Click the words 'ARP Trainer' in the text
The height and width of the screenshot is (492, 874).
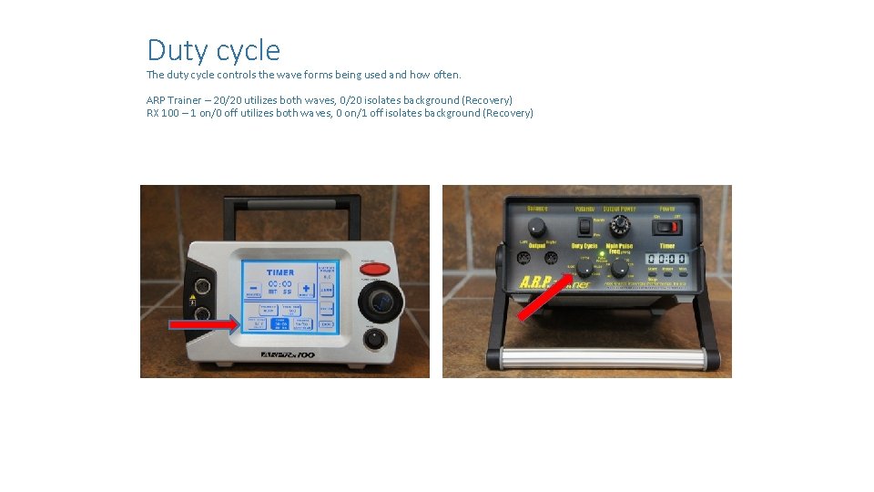tap(176, 99)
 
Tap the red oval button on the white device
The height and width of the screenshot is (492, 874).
tap(374, 269)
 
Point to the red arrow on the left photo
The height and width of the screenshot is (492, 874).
tap(204, 323)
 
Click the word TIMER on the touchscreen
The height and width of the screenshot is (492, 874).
tap(279, 272)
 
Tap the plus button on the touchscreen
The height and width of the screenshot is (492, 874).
tap(305, 290)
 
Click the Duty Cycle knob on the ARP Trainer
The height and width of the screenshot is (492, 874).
tap(583, 268)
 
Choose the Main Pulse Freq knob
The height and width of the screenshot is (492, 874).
tap(619, 268)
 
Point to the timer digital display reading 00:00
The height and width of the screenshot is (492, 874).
tap(667, 259)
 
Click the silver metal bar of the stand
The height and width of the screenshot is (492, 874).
tap(602, 358)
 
